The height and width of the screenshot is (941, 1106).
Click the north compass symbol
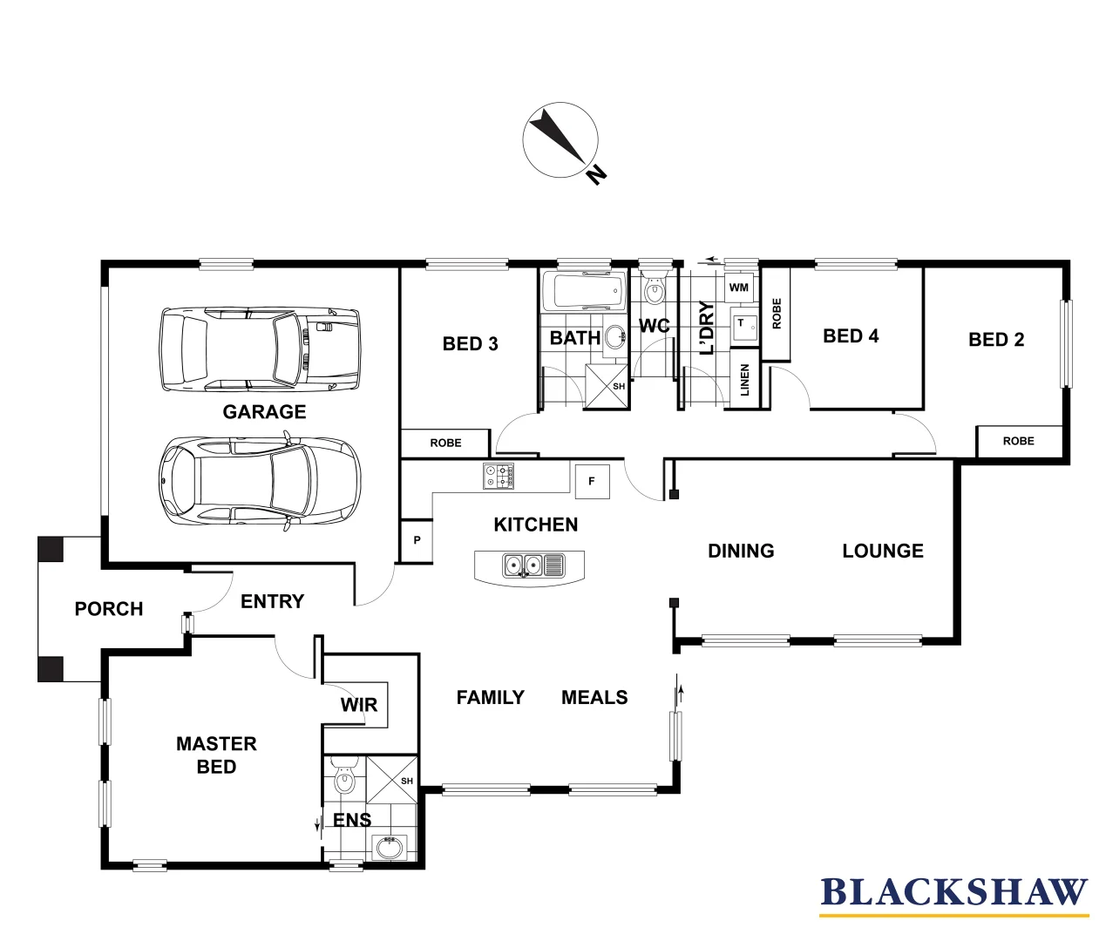pyautogui.click(x=560, y=141)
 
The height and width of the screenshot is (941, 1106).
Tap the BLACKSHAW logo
pyautogui.click(x=953, y=894)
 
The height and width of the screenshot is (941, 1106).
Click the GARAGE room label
pyautogui.click(x=264, y=412)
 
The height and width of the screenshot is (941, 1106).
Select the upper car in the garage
pyautogui.click(x=259, y=349)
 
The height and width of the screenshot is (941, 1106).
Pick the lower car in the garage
pyautogui.click(x=259, y=480)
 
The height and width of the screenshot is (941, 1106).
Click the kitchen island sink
pyautogui.click(x=529, y=566)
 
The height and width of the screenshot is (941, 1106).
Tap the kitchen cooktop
pyautogui.click(x=499, y=476)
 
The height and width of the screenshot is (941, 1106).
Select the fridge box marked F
pyautogui.click(x=592, y=481)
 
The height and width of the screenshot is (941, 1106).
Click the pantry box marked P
pyautogui.click(x=417, y=540)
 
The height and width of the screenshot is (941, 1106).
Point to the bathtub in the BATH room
pyautogui.click(x=584, y=290)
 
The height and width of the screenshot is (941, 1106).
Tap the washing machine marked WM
pyautogui.click(x=738, y=288)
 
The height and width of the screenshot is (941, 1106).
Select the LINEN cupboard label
pyautogui.click(x=744, y=381)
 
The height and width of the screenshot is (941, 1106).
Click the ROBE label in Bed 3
pyautogui.click(x=445, y=443)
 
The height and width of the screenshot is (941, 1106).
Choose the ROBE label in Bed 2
pyautogui.click(x=1018, y=441)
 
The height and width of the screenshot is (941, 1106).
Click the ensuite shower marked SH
pyautogui.click(x=392, y=780)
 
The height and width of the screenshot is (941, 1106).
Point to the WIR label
pyautogui.click(x=359, y=704)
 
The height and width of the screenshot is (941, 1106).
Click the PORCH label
pyautogui.click(x=109, y=609)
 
